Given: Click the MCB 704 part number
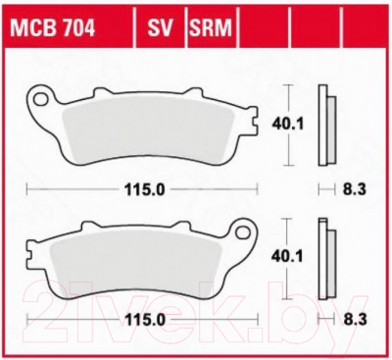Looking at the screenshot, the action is pyautogui.click(x=53, y=28).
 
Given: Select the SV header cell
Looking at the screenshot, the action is pyautogui.click(x=160, y=28).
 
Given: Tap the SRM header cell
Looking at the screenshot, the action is pyautogui.click(x=211, y=28).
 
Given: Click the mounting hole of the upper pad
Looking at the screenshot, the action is pyautogui.click(x=40, y=99).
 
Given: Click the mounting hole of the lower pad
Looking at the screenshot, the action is pyautogui.click(x=243, y=232).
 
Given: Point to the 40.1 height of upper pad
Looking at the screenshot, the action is pyautogui.click(x=288, y=125).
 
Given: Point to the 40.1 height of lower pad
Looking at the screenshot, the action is pyautogui.click(x=287, y=257).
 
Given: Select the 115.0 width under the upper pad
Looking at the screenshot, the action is pyautogui.click(x=143, y=189).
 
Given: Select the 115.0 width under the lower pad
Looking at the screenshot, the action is pyautogui.click(x=143, y=320).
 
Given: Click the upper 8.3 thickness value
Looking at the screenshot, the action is pyautogui.click(x=355, y=189).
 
